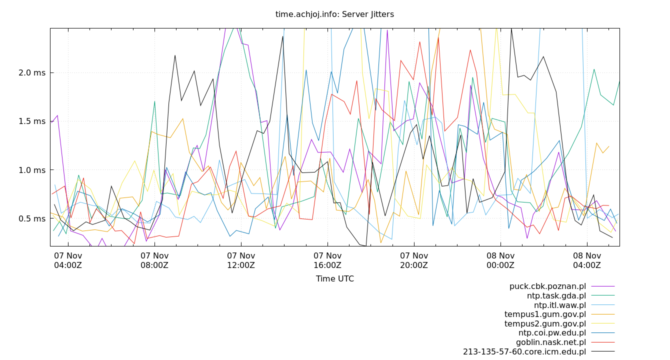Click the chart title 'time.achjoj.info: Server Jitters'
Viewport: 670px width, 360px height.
(x=334, y=14)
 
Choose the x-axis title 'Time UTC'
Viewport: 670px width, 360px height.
(x=334, y=279)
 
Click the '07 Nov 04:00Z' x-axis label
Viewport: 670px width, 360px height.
(x=68, y=260)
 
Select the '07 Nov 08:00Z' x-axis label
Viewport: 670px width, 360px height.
(x=154, y=260)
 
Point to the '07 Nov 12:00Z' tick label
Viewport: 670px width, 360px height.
(x=241, y=260)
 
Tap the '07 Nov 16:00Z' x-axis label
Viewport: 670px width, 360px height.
(x=327, y=260)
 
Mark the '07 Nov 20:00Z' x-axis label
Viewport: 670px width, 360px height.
(x=414, y=260)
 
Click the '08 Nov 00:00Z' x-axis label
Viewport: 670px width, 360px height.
(x=500, y=260)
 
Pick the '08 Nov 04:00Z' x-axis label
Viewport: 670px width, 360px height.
(x=587, y=260)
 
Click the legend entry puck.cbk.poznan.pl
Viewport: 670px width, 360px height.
(x=547, y=286)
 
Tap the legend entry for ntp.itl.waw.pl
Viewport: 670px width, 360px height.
(x=559, y=305)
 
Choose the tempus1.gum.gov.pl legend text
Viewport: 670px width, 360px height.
(x=545, y=314)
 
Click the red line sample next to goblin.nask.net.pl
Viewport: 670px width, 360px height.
(x=603, y=342)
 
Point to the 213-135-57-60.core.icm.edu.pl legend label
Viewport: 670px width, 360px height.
(x=524, y=352)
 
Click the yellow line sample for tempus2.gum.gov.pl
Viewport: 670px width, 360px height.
(x=603, y=324)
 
